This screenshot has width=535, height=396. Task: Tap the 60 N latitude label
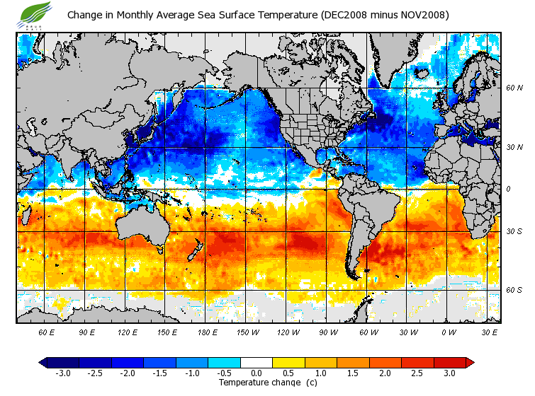click(514, 88)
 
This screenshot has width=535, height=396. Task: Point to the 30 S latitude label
click(514, 231)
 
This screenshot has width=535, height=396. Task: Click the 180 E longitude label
click(207, 332)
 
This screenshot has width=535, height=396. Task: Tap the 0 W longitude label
click(448, 332)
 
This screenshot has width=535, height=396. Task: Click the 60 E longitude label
click(47, 332)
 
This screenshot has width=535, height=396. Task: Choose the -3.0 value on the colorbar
click(63, 373)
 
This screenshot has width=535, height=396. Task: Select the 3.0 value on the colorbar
click(449, 373)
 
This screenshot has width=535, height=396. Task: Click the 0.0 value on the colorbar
click(257, 373)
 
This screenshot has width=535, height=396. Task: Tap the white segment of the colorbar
click(257, 362)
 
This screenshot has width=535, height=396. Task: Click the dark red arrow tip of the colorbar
click(469, 362)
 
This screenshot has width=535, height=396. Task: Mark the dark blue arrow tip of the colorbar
click(43, 362)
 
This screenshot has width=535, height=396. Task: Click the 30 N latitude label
click(514, 147)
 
